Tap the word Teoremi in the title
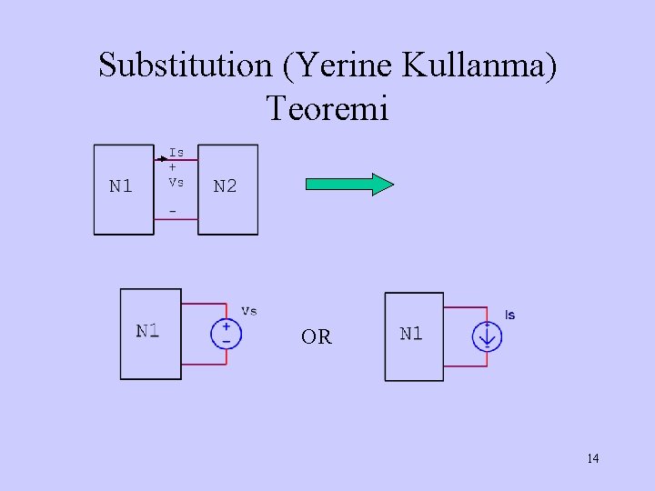pyautogui.click(x=327, y=108)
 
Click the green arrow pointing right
pyautogui.click(x=349, y=185)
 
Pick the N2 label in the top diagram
pyautogui.click(x=225, y=186)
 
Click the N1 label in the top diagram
pyautogui.click(x=121, y=186)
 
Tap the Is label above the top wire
pyautogui.click(x=176, y=152)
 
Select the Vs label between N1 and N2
pyautogui.click(x=176, y=181)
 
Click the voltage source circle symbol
pyautogui.click(x=226, y=334)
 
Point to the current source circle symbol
pyautogui.click(x=488, y=336)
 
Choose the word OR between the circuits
pyautogui.click(x=317, y=337)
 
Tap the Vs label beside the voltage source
pyautogui.click(x=248, y=310)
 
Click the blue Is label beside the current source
pyautogui.click(x=509, y=315)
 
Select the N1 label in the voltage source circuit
pyautogui.click(x=147, y=330)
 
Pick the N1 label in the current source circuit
pyautogui.click(x=411, y=334)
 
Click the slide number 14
pyautogui.click(x=593, y=458)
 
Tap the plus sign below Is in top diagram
pyautogui.click(x=173, y=166)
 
